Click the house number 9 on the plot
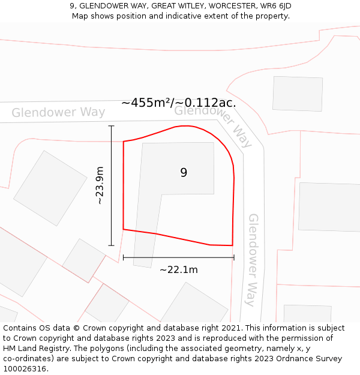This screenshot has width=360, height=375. click(184, 173)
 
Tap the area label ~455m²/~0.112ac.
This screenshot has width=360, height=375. click(178, 103)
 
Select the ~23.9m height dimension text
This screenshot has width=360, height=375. click(100, 185)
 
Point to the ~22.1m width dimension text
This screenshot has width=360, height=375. click(179, 270)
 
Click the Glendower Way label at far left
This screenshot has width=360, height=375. click(58, 112)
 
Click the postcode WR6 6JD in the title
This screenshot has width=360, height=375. click(275, 6)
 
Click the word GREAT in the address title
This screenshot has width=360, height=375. click(136, 6)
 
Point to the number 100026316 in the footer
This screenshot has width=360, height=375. click(25, 368)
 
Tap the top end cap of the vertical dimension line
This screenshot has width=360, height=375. click(111, 126)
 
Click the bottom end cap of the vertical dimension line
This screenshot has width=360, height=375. click(111, 245)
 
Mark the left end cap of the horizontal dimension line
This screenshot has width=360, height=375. click(124, 257)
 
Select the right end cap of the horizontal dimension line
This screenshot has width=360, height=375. click(233, 257)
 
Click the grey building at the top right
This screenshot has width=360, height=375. click(298, 94)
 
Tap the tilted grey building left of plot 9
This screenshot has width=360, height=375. click(50, 188)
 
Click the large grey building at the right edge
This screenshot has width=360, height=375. click(329, 207)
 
